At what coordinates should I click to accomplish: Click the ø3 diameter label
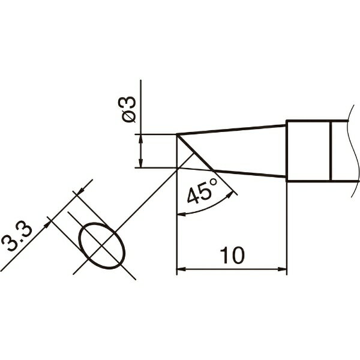tap(127, 109)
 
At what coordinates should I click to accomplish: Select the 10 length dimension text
tap(232, 256)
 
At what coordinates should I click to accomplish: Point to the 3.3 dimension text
tap(17, 238)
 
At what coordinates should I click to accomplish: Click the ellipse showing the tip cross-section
tap(102, 245)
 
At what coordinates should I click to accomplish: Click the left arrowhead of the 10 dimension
tap(181, 269)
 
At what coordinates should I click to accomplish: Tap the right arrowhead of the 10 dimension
tap(282, 269)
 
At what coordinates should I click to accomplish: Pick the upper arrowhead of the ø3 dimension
tap(141, 139)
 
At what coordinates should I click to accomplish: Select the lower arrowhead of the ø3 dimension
tap(141, 163)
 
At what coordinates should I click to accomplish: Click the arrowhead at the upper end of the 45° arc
tap(230, 195)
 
